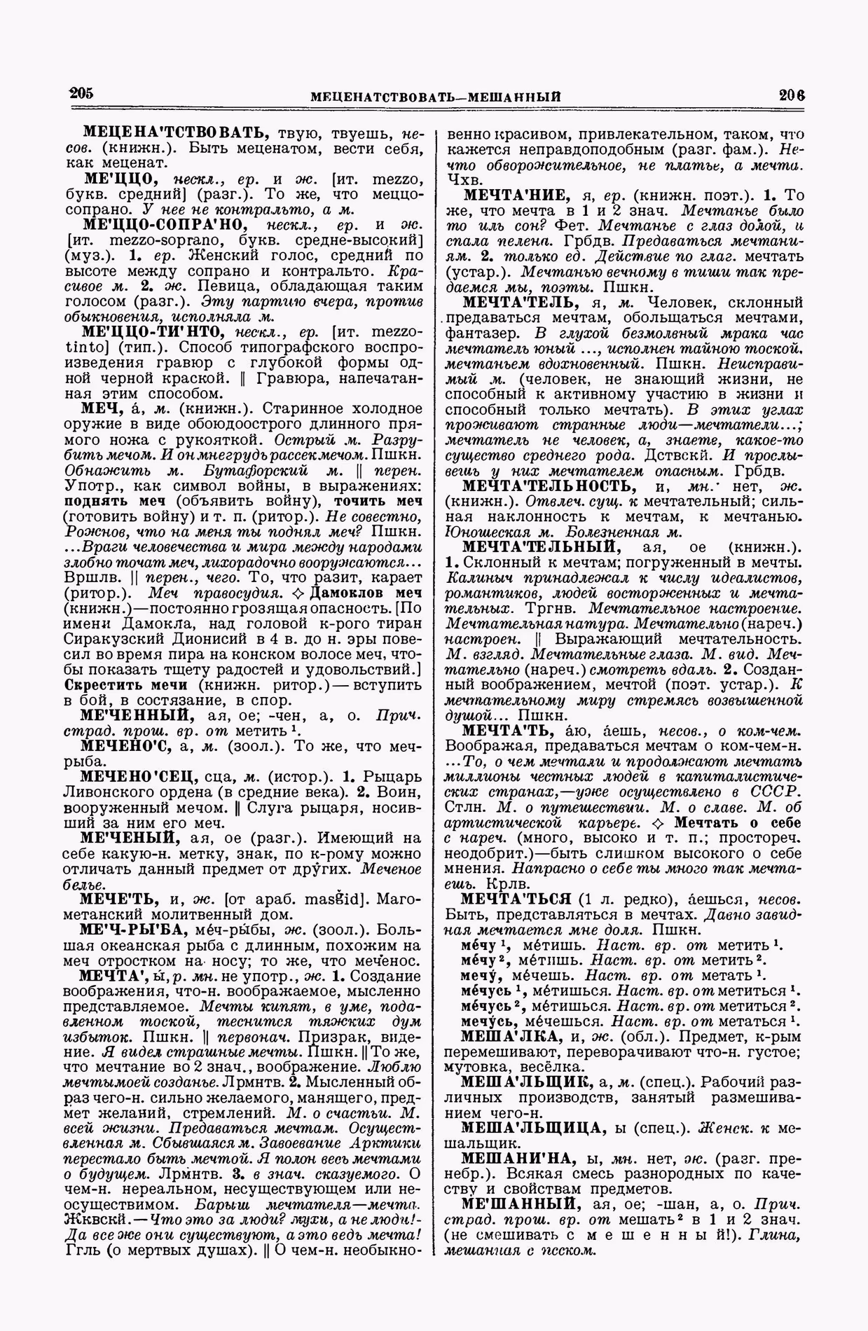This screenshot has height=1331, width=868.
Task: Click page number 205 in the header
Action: [x=81, y=94]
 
